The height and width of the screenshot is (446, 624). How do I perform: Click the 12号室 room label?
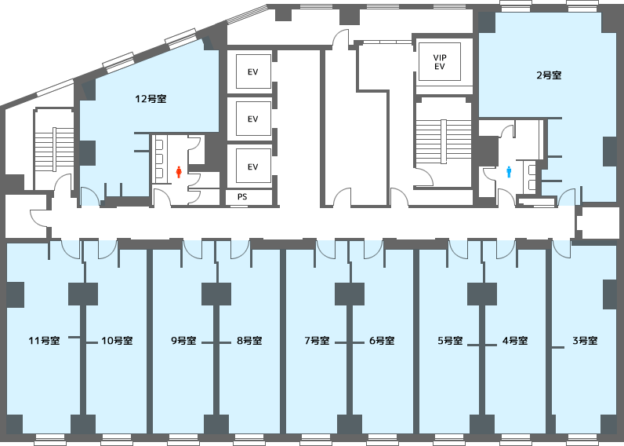151,99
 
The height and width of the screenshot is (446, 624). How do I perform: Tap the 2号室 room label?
549,75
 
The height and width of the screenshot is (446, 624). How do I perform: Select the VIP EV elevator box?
440,62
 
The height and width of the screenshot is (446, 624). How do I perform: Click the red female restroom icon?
179,172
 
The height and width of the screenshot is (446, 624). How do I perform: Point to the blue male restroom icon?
509,172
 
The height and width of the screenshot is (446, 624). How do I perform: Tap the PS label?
242,196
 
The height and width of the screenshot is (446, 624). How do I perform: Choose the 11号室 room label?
44,341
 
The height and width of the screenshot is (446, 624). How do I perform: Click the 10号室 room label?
117,341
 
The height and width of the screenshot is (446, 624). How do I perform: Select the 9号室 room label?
183,341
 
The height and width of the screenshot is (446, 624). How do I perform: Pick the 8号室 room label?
249,341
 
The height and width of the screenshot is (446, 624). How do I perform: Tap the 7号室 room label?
317,341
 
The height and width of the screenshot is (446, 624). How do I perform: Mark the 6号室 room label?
382,341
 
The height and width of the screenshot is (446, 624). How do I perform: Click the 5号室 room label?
450,341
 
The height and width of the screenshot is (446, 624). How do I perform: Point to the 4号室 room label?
515,341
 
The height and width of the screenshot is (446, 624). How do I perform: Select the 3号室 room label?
585,341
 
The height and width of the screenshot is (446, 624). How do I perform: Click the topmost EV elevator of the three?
253,71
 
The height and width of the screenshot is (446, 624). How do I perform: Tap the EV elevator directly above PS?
253,166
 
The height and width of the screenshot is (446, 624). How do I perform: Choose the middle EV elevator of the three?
253,119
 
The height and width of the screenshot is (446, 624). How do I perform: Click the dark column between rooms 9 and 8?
216,294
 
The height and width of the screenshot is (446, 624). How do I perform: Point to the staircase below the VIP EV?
444,141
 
